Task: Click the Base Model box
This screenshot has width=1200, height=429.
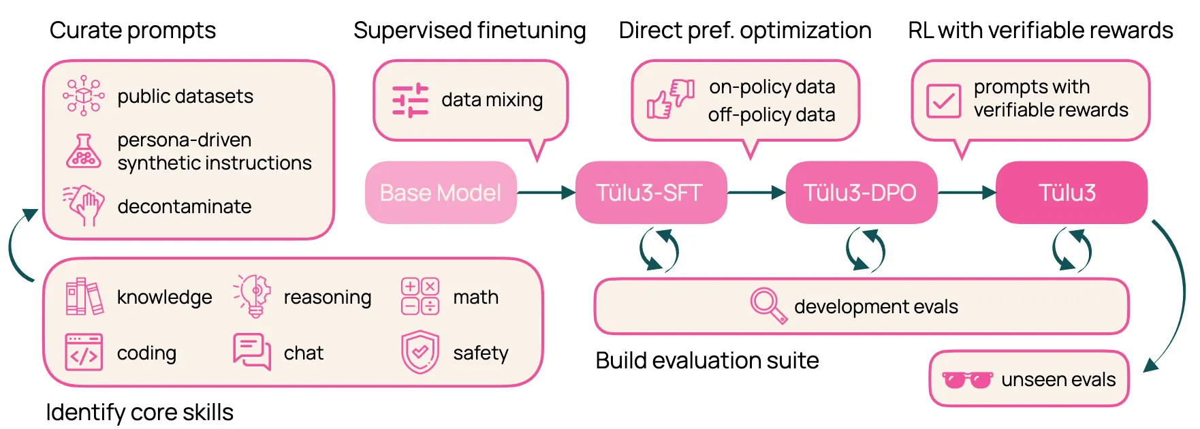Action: coord(441,193)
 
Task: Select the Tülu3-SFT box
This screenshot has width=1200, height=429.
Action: coord(651,193)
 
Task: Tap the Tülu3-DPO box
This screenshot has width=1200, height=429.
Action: coord(862,193)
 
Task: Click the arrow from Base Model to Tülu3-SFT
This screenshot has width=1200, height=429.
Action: coord(546,193)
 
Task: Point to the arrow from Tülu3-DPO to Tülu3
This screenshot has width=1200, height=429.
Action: coord(967,193)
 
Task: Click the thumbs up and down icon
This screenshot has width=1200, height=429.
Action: coord(670,99)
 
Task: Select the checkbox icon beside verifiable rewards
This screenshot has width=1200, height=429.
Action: coord(943,101)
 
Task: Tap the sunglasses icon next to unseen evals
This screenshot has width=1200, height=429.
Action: coord(967,379)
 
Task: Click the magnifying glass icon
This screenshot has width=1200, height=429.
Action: coord(768,306)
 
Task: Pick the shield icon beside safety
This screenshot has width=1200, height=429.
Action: coord(420,352)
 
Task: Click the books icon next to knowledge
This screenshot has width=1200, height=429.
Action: coord(84,296)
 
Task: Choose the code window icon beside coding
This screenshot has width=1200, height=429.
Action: coord(84,352)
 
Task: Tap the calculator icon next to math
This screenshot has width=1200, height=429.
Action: coord(420,296)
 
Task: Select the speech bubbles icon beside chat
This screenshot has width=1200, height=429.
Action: coord(252,351)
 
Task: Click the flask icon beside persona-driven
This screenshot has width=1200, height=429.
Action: coord(84,151)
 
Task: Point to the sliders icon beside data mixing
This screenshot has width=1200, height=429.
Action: coord(410,100)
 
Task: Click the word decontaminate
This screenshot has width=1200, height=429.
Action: coord(185,206)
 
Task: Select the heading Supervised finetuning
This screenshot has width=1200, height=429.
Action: coord(470,31)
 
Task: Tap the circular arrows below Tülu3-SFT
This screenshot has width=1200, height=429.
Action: coord(659,250)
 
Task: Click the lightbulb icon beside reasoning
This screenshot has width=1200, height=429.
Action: coord(253,296)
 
